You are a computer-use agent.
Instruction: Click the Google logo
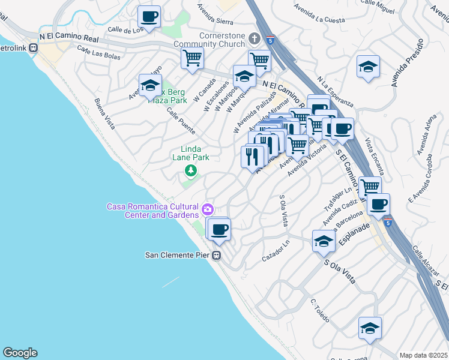point(20,353)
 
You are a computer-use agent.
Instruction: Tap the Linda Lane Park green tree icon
point(190,172)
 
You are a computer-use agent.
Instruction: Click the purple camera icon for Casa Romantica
point(208,209)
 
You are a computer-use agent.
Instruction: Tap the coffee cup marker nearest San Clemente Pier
point(219,229)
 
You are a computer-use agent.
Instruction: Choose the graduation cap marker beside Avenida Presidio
point(368,66)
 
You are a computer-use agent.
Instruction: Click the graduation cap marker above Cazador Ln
point(324,241)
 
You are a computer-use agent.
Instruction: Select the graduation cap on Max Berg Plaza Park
point(150,85)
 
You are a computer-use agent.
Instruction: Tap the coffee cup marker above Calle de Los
point(149,16)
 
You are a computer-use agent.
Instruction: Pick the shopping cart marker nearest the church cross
point(259,59)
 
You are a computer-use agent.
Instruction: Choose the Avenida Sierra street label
point(215,8)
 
